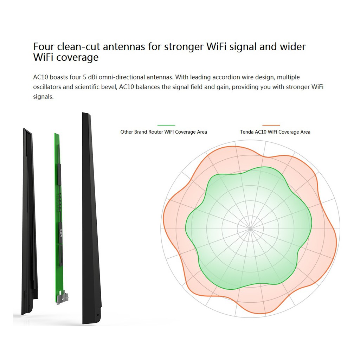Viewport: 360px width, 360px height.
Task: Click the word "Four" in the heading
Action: tap(44, 47)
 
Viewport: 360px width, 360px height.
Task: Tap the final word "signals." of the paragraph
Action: tap(43, 97)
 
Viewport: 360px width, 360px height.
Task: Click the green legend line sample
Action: tap(166, 125)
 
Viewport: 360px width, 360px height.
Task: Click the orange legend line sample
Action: tap(271, 125)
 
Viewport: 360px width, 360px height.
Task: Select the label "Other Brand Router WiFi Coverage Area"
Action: tap(163, 132)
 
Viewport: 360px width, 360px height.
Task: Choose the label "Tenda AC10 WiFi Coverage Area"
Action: tap(275, 132)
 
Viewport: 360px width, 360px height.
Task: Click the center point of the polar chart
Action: tap(250, 229)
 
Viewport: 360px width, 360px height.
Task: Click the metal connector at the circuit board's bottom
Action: tap(63, 297)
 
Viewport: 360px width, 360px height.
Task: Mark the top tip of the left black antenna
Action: tap(24, 129)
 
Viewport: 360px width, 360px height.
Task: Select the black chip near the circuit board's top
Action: tap(59, 174)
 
